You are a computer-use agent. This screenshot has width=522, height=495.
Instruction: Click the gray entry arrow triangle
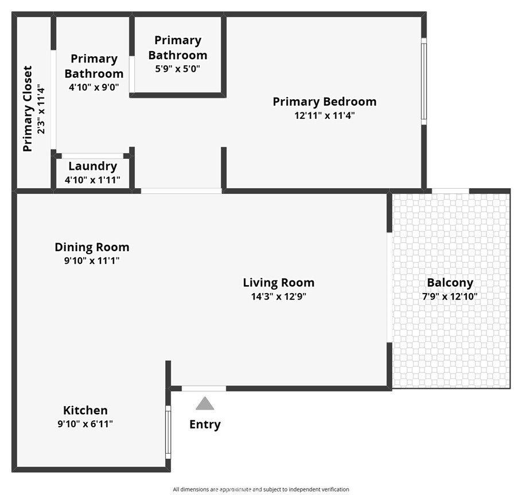point(205,403)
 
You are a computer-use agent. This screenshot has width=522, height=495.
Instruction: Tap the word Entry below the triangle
point(205,425)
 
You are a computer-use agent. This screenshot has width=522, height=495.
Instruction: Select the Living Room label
point(279,283)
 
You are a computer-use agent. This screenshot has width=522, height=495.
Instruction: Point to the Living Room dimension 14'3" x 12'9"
point(279,297)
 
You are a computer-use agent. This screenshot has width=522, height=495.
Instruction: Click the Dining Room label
point(92,247)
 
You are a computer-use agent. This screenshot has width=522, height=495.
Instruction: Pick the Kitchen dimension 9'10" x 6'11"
point(85,424)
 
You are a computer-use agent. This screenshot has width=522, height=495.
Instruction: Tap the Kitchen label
point(85,410)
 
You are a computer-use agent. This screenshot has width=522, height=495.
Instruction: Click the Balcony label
point(450,283)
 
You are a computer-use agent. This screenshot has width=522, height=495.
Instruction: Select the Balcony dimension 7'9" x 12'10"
point(450,297)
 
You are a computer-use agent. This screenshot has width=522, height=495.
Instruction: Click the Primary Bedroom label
point(325,102)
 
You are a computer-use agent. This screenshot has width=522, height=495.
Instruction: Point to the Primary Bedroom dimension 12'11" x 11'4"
point(325,115)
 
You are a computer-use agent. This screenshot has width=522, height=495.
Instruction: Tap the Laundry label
point(92,166)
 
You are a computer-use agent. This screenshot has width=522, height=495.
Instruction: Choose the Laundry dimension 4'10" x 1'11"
point(92,180)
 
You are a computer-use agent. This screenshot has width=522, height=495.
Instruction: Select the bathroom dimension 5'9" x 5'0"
point(178,69)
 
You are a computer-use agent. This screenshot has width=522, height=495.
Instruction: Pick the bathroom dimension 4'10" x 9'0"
point(94,87)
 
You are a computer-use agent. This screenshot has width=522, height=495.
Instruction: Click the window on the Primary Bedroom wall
point(424,81)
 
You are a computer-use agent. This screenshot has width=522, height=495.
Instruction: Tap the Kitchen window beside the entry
point(168,432)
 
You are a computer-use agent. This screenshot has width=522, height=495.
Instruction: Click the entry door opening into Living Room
point(204,388)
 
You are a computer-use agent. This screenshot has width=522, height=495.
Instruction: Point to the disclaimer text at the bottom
point(261,489)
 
